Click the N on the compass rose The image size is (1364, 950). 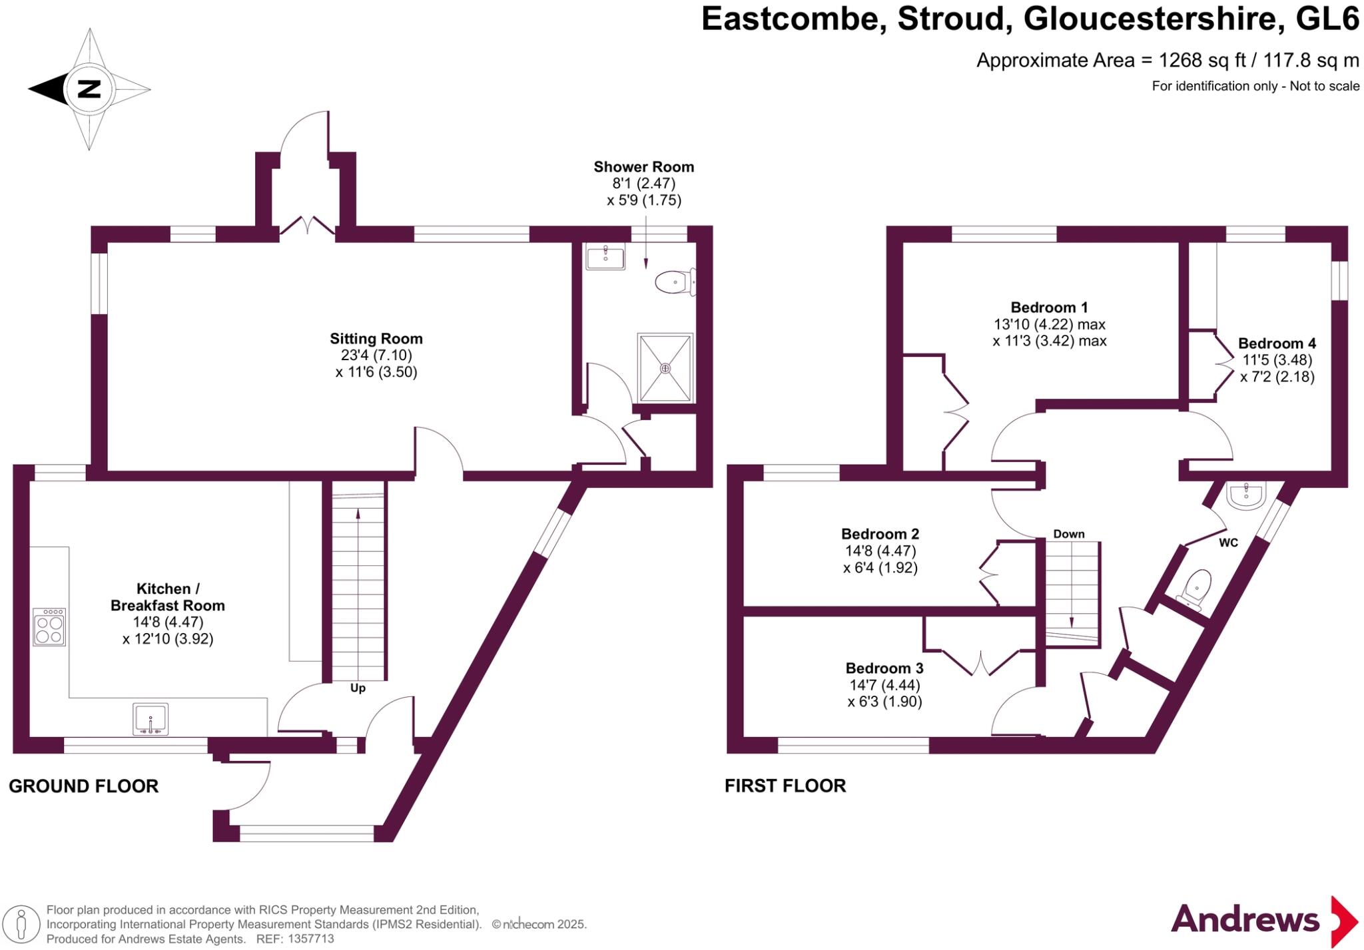coord(89,89)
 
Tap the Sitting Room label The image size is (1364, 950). coord(376,339)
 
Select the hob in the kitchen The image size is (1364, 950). coord(49,626)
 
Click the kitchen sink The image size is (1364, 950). coord(151,719)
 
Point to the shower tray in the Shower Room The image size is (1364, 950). coord(665,367)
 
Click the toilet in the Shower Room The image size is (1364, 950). coord(675,282)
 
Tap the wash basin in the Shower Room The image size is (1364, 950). coord(605,256)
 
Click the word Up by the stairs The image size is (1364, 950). coord(358,688)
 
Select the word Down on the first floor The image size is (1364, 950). coord(1068,534)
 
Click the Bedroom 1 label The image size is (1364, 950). coord(1049,308)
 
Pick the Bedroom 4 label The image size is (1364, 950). coord(1277,344)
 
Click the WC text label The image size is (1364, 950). coord(1228,543)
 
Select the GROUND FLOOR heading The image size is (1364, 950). coord(84,786)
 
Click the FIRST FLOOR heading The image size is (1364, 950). coord(785,786)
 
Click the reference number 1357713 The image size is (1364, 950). coord(310,939)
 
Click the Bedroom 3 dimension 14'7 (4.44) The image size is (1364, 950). coord(884,685)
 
